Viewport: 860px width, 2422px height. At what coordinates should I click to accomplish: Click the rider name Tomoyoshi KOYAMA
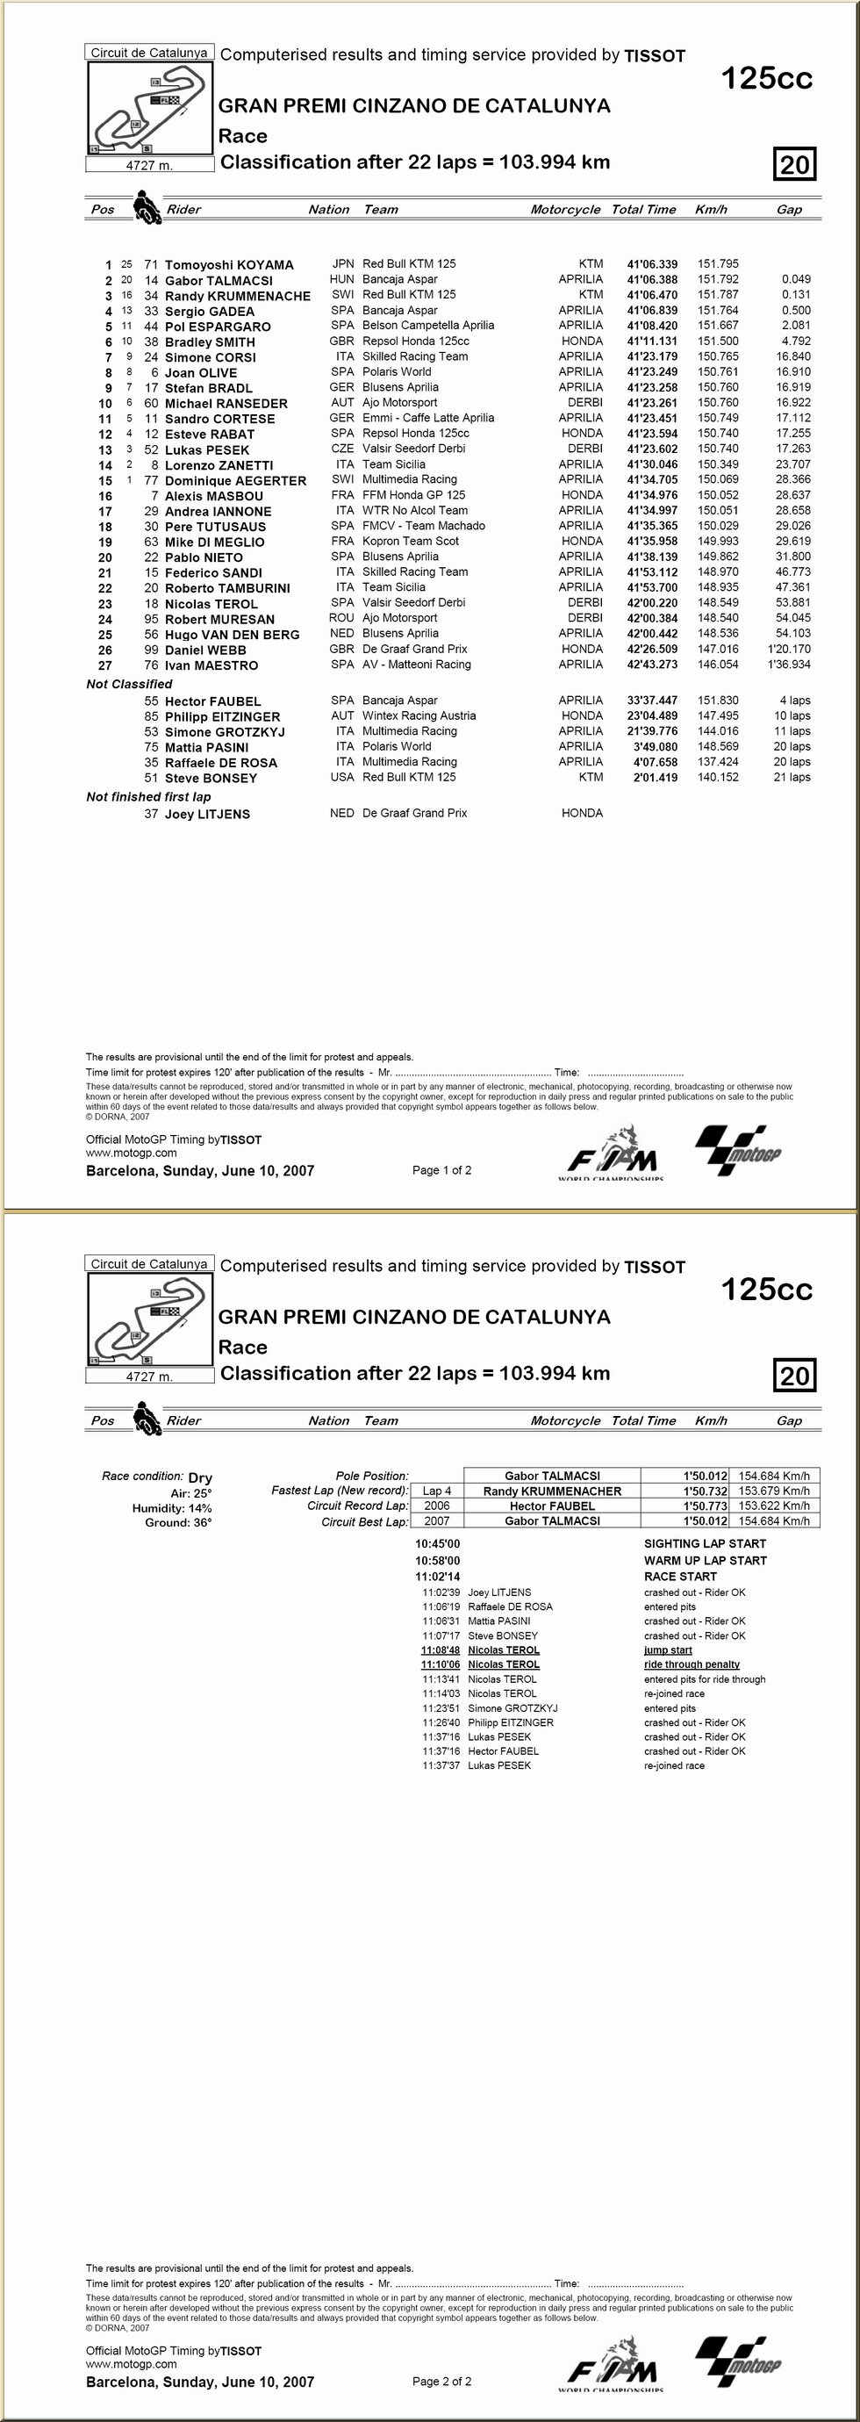[x=228, y=265]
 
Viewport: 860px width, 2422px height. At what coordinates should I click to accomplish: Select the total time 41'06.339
[x=651, y=264]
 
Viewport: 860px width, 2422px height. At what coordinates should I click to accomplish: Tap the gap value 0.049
[x=795, y=279]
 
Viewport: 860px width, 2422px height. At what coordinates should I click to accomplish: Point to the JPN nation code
[x=342, y=264]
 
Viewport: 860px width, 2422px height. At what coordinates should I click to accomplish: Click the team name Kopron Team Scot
[x=411, y=542]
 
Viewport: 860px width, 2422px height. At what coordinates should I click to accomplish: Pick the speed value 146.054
[x=717, y=665]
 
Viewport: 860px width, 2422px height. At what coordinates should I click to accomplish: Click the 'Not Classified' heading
[x=129, y=685]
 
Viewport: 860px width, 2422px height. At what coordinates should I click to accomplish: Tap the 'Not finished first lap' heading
[x=147, y=796]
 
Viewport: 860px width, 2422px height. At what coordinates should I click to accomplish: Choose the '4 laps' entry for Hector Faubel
[x=794, y=701]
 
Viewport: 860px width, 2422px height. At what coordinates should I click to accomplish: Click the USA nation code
[x=342, y=778]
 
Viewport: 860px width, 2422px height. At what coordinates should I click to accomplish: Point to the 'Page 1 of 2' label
[x=441, y=1170]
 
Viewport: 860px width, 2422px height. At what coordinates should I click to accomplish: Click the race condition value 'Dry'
[x=200, y=1478]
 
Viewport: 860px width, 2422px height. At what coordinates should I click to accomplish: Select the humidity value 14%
[x=199, y=1508]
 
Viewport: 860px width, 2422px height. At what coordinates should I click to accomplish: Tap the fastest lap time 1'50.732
[x=706, y=1491]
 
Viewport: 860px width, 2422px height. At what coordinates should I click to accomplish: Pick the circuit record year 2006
[x=436, y=1506]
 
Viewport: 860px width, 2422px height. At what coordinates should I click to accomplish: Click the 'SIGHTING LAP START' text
[x=704, y=1544]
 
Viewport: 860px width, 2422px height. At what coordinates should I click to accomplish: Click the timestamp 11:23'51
[x=440, y=1708]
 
